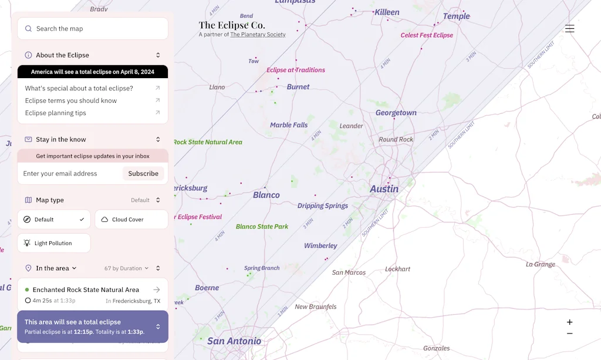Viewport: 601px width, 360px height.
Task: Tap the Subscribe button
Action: click(143, 174)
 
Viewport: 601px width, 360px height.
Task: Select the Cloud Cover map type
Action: click(131, 220)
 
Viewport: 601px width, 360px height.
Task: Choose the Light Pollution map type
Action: click(53, 243)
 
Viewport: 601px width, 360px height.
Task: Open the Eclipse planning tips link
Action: click(56, 113)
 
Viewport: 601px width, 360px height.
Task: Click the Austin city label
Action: click(384, 189)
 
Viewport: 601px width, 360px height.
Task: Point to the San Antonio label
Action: click(234, 341)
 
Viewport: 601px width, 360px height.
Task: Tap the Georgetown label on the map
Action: click(396, 113)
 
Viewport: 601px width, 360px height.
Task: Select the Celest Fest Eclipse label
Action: click(427, 35)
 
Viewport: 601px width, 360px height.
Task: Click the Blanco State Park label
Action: click(262, 227)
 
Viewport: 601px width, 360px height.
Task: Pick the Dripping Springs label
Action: click(323, 206)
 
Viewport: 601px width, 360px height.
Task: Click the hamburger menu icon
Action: click(569, 29)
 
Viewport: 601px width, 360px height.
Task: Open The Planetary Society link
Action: click(258, 35)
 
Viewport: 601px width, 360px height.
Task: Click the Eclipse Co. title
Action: click(232, 25)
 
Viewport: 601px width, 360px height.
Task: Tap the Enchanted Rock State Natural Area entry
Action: click(86, 290)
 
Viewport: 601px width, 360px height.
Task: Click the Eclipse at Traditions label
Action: click(296, 70)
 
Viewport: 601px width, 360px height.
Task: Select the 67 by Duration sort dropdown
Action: click(126, 268)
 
